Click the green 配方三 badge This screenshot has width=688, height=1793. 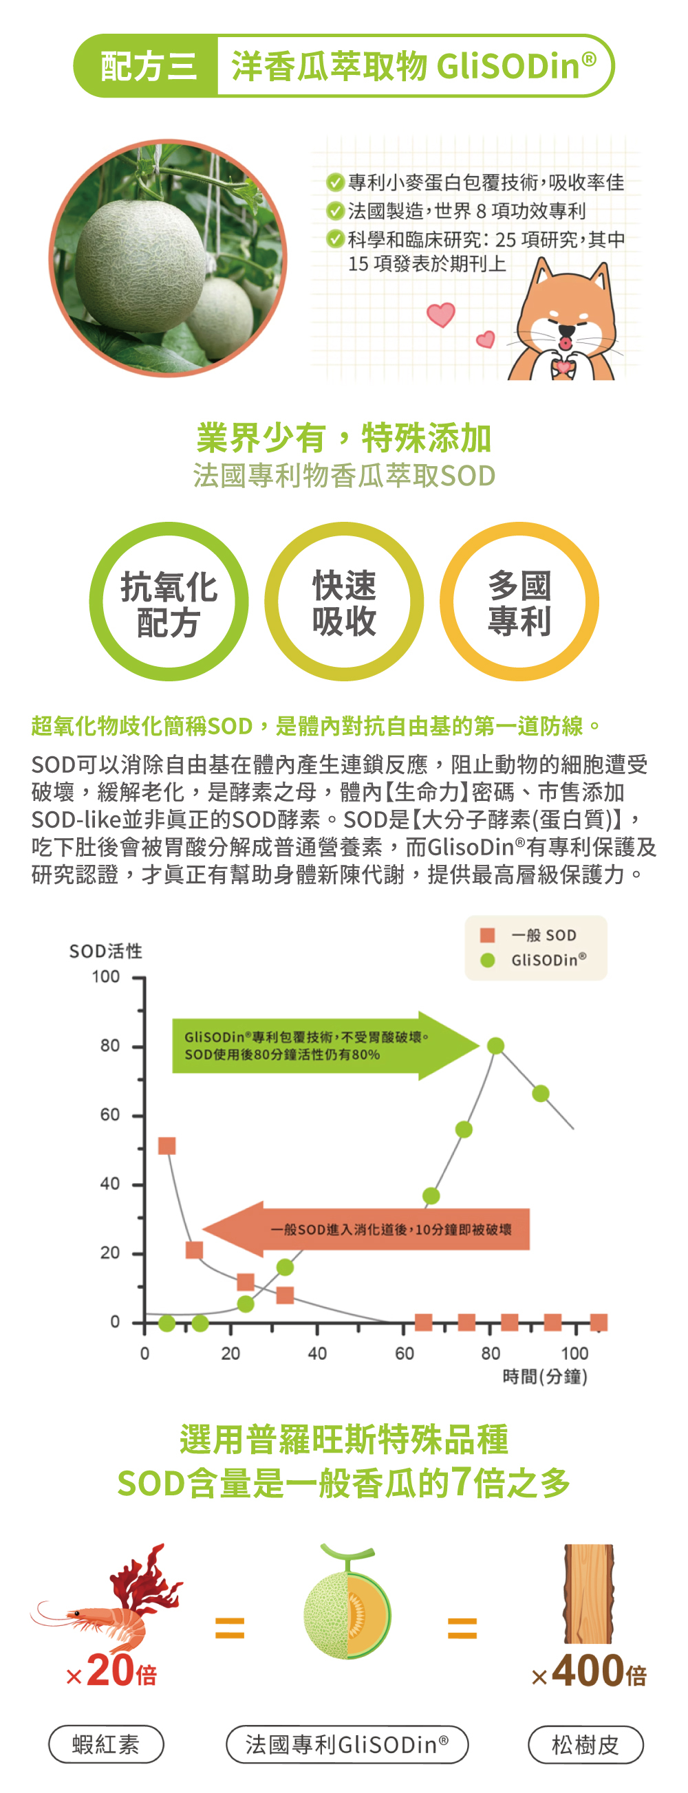coord(147,66)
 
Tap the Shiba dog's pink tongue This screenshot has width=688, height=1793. coord(566,343)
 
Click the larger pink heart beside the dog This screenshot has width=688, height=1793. coord(441,315)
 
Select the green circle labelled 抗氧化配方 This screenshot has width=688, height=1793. coord(169,602)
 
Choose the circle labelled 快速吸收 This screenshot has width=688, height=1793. coord(344,602)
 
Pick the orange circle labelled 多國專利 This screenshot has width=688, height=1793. coord(519,602)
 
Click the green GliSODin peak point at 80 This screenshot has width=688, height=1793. coord(495,1046)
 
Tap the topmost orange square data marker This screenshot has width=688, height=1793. coord(167,1145)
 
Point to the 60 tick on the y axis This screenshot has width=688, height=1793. coord(110,1114)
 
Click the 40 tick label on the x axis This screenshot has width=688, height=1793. coord(317,1353)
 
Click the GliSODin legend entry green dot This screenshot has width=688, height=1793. coord(488,960)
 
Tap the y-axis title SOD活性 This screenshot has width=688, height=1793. coord(106,951)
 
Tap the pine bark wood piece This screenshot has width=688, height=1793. coord(588,1594)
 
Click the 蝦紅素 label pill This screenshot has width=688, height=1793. coord(106,1744)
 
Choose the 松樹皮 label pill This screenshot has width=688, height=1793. coord(585,1744)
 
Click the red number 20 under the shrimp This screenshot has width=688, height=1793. coord(111,1671)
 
